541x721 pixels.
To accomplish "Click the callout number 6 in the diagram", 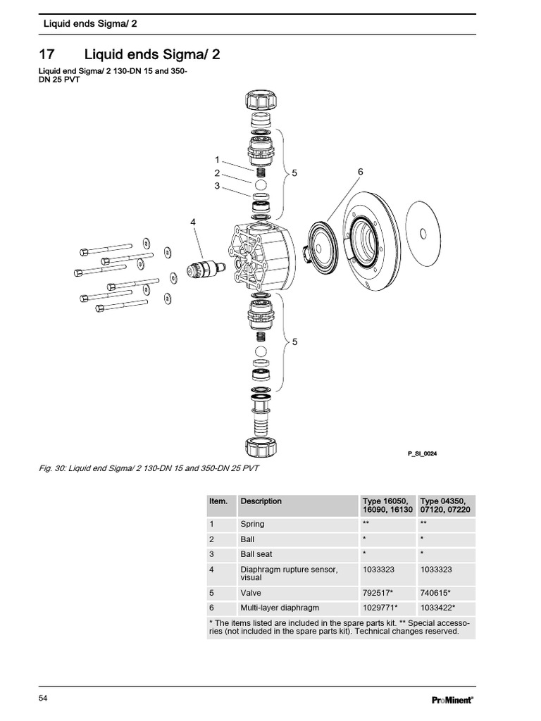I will coord(360,172).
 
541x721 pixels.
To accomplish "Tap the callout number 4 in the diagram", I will coord(192,222).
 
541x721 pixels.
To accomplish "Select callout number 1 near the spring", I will coord(218,160).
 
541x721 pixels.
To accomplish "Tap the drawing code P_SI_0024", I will coord(423,453).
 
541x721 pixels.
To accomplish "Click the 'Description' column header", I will coord(261,501).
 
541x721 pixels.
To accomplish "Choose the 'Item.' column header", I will coord(218,501).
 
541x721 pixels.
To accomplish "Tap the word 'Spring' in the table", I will coord(253,524).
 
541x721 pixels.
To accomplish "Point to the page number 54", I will coord(43,698).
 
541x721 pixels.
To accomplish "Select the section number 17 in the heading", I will coord(46,54).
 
